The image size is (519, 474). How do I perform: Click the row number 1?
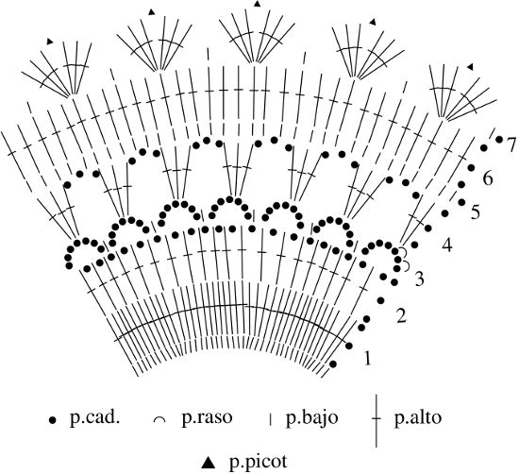pos(367,359)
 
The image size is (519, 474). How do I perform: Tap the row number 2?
pos(401,315)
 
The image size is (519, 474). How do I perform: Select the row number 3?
pos(419,279)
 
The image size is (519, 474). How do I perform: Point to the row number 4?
pos(447,245)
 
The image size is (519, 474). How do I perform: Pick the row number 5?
pos(476,212)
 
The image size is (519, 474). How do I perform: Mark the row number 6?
pos(488,178)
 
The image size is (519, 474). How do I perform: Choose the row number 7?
pos(511,144)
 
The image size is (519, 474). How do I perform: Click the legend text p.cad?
pos(94,418)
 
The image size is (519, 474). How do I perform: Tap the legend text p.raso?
pos(207,418)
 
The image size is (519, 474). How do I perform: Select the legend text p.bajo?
pos(312,418)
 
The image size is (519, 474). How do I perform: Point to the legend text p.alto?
pos(418,418)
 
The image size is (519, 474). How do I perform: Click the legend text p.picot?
pos(259,463)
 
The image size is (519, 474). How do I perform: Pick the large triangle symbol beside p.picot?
pos(209,463)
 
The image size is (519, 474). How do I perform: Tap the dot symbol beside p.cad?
pos(52,420)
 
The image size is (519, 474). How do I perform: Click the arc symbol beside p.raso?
pos(159,420)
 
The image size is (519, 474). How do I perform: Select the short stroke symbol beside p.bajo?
pos(271,419)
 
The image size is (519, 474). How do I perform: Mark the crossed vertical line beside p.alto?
pos(377,420)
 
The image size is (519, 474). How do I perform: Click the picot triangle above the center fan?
pos(257,4)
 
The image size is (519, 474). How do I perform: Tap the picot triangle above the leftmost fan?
pos(50,42)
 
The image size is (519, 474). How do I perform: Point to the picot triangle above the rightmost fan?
pos(470,67)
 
